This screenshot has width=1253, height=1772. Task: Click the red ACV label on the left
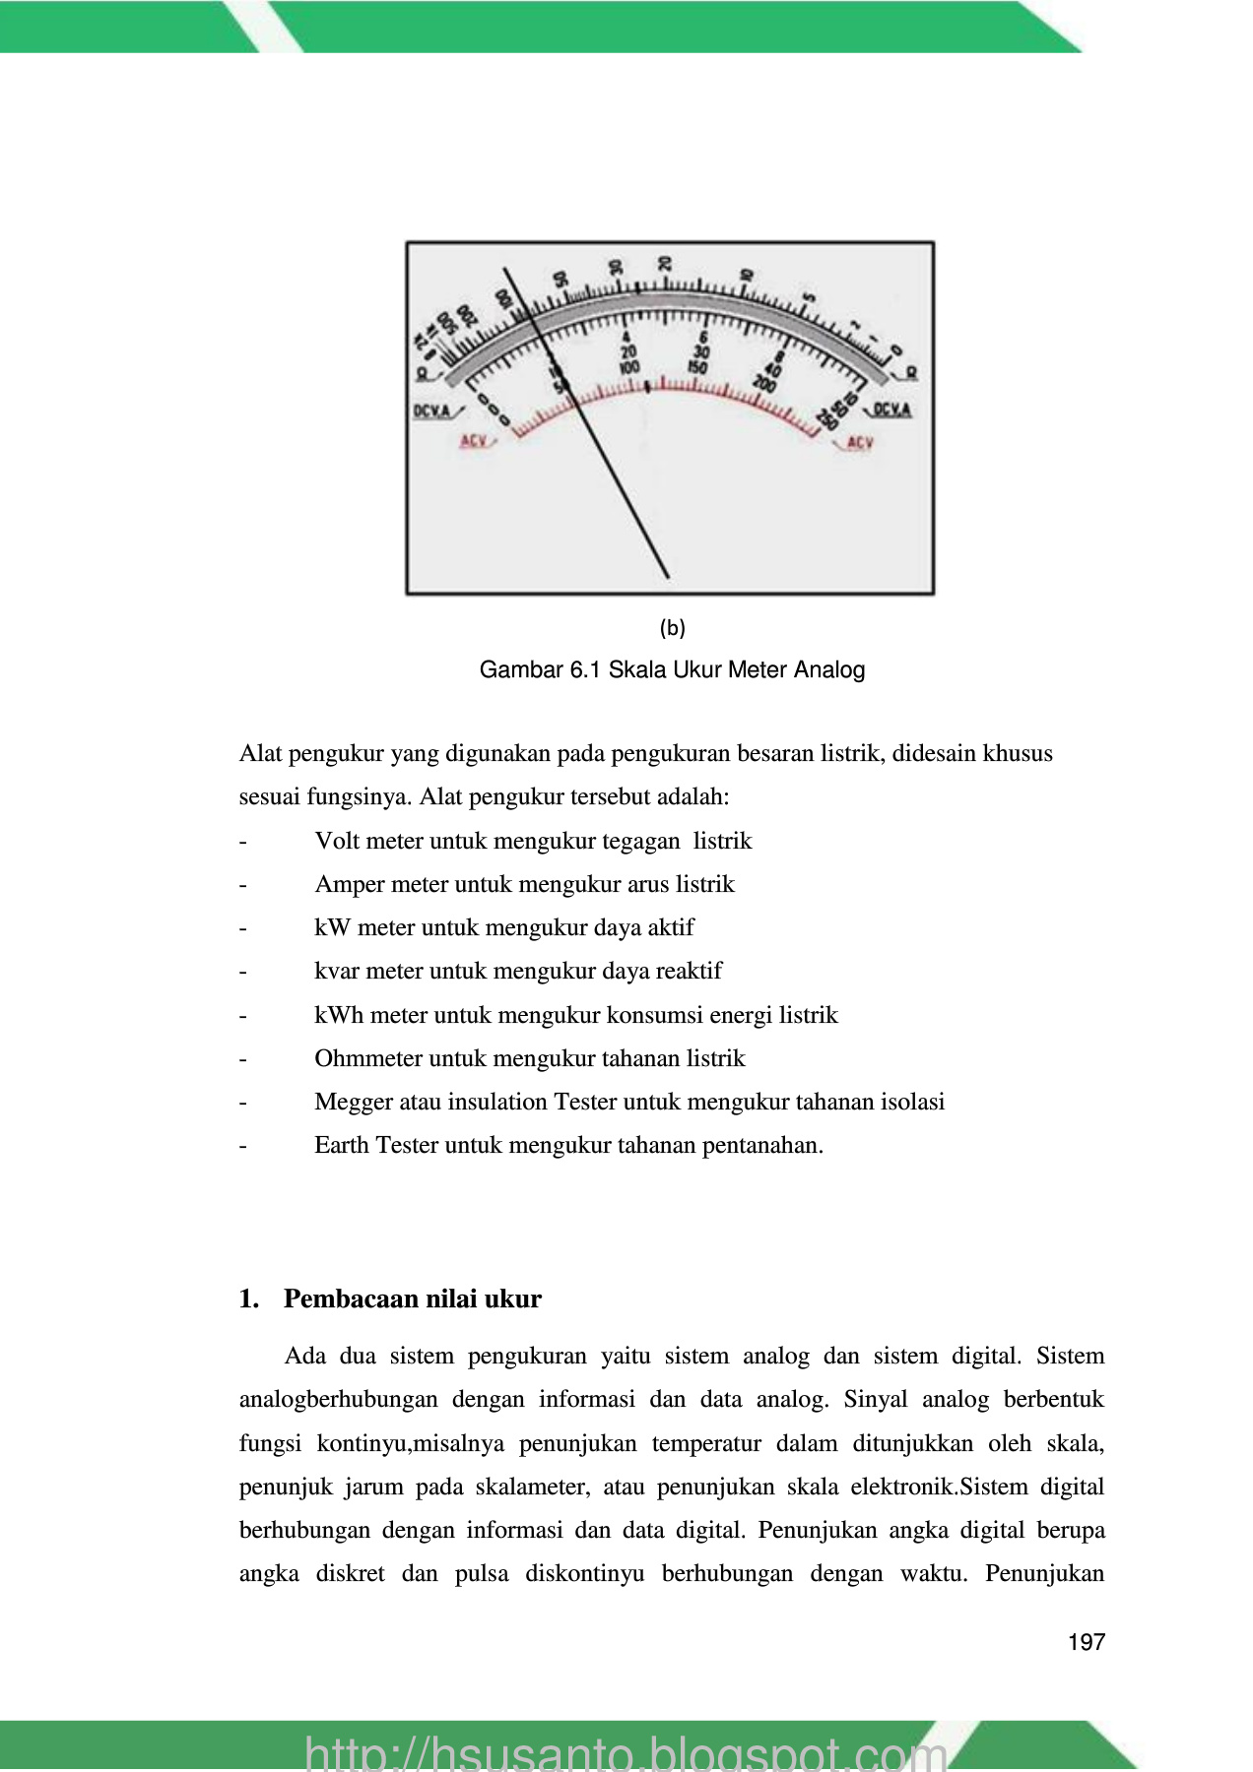pos(474,441)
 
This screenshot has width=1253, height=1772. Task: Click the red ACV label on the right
pos(859,443)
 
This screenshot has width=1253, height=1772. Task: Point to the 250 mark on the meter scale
pos(825,420)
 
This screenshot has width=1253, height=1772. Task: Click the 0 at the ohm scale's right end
pos(894,350)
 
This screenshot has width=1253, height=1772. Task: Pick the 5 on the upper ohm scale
pos(809,297)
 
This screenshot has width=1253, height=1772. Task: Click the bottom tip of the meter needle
pos(668,577)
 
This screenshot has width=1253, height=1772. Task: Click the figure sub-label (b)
pos(672,628)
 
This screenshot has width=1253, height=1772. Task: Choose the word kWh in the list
pos(339,1015)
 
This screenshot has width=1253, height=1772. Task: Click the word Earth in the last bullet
pos(341,1145)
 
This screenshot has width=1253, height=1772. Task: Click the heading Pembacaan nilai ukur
pos(412,1299)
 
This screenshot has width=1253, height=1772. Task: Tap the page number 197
pos(1086,1642)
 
